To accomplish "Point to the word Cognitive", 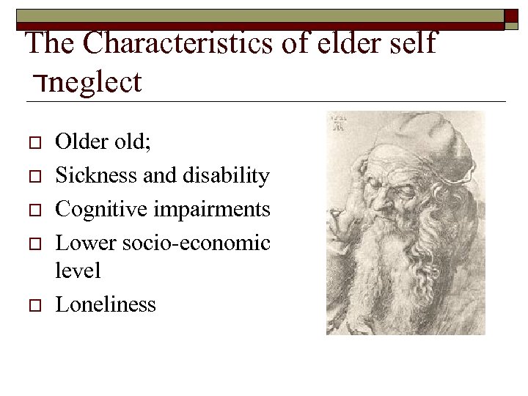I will coord(95,210).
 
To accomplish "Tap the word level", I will coord(78,271).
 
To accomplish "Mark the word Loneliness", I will coord(106,304).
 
